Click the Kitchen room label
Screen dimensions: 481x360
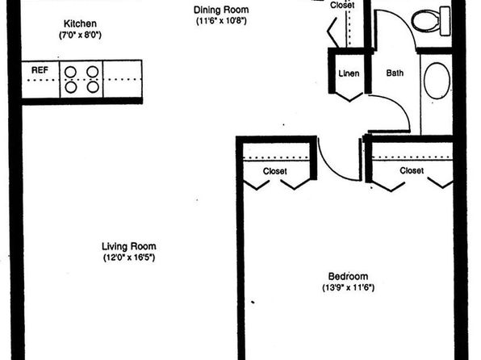pyautogui.click(x=80, y=23)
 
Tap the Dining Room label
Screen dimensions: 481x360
pyautogui.click(x=221, y=10)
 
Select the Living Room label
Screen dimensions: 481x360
pyautogui.click(x=129, y=246)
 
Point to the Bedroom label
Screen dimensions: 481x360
pyautogui.click(x=348, y=276)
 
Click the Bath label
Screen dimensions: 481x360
pyautogui.click(x=395, y=73)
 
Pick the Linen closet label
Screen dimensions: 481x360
pyautogui.click(x=349, y=73)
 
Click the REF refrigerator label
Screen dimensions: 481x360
pyautogui.click(x=40, y=70)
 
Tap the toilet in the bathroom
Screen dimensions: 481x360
pyautogui.click(x=431, y=21)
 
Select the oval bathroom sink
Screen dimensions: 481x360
pyautogui.click(x=437, y=81)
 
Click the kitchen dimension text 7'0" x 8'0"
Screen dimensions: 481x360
pyautogui.click(x=80, y=35)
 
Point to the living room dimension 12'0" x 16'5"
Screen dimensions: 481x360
pyautogui.click(x=129, y=257)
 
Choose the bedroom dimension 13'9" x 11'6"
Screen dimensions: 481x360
pyautogui.click(x=348, y=287)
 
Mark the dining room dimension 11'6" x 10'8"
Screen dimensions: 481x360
pyautogui.click(x=221, y=21)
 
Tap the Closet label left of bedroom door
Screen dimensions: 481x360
pyautogui.click(x=275, y=171)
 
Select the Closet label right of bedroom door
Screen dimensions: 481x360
pyautogui.click(x=412, y=170)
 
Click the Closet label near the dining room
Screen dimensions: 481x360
pyautogui.click(x=342, y=5)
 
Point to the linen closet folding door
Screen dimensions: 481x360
pyautogui.click(x=349, y=97)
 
